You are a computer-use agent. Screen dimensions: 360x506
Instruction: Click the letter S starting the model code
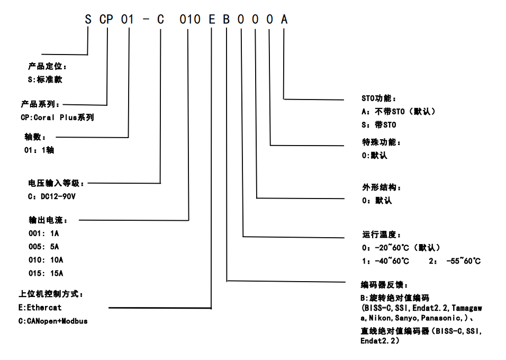pos(88,20)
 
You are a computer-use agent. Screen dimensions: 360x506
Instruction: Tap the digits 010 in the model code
pos(189,20)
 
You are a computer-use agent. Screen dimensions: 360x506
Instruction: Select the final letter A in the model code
pos(284,20)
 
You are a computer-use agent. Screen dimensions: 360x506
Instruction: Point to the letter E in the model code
pos(212,20)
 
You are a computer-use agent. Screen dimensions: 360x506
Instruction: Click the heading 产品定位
pos(48,67)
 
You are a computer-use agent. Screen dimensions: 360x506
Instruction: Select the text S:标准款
pos(45,79)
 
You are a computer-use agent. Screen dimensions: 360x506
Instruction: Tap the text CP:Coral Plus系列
pos(57,117)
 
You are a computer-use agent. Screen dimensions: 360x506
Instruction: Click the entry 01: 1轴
pos(39,150)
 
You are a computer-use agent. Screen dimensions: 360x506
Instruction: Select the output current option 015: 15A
pos(46,273)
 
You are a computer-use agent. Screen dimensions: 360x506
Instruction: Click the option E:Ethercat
pos(40,308)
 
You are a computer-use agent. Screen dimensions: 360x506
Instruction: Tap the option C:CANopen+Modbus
pos(53,321)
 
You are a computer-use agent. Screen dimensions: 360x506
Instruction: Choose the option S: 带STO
pos(378,125)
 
